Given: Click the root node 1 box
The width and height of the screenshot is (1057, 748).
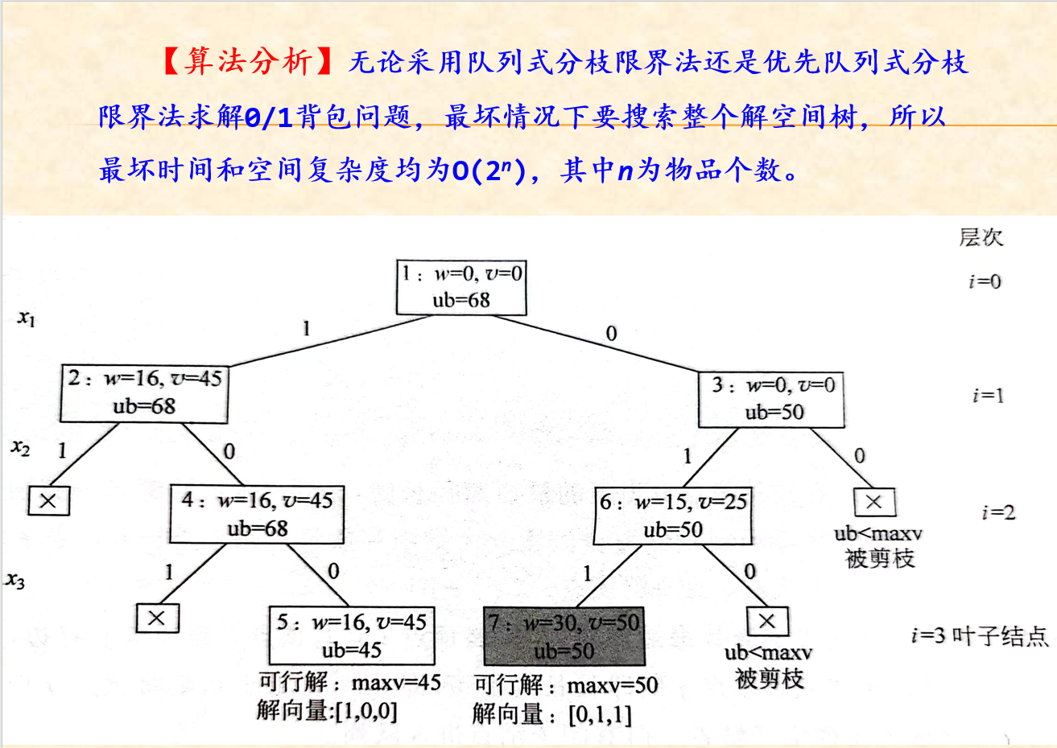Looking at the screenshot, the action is point(461,287).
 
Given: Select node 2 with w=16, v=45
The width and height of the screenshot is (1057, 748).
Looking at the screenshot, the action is point(143,392).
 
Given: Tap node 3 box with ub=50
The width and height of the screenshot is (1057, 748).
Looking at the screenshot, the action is point(771,399).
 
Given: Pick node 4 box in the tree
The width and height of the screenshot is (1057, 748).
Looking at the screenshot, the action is point(257,514).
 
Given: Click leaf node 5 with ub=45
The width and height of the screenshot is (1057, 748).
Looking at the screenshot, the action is point(351,635).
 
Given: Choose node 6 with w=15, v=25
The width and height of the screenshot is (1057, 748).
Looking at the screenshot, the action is point(672,516).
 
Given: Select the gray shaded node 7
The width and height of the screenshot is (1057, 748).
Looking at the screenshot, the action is point(564,635).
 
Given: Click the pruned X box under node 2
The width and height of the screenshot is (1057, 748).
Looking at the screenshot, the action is point(48,501).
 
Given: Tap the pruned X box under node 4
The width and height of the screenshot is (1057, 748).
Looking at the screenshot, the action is point(157,619).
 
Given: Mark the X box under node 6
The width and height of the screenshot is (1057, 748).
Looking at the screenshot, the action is point(767,621).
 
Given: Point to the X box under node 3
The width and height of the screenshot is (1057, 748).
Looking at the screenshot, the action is point(873,503).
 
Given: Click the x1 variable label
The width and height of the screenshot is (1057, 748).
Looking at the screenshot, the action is point(27,319).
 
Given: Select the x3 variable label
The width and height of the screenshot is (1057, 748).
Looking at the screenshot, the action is point(15,580).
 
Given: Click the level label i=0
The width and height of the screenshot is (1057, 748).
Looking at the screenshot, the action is point(985,282).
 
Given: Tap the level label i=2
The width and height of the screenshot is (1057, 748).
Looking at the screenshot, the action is point(998,512).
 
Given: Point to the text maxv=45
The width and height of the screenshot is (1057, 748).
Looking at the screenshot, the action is point(396,683).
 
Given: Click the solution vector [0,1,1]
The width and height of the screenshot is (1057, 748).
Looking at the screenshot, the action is point(600,714).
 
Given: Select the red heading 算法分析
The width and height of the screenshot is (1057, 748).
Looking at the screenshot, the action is point(247,61).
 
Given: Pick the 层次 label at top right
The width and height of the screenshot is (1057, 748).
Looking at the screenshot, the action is point(981,237).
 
